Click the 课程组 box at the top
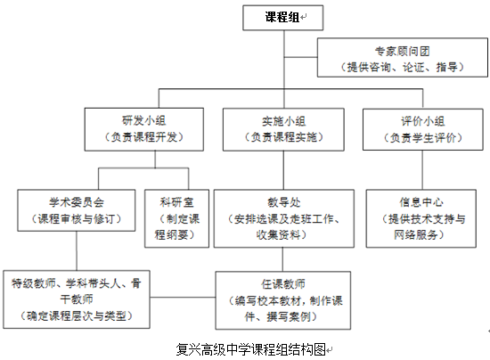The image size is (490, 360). click(282, 18)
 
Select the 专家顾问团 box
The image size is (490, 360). click(403, 58)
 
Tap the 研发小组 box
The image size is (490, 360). click(144, 129)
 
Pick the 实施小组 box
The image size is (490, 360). click(283, 129)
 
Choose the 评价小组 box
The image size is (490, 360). click(423, 129)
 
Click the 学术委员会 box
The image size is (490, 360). click(77, 210)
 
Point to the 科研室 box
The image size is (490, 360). click(176, 218)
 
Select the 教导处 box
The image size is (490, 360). click(283, 218)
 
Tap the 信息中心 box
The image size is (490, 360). click(421, 218)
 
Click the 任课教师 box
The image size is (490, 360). click(282, 300)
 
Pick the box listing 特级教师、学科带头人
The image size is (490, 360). click(77, 299)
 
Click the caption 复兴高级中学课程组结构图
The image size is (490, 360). click(251, 349)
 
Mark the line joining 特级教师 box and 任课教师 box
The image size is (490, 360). click(183, 298)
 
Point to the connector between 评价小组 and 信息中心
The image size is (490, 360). click(422, 170)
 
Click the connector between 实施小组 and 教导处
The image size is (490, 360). click(283, 170)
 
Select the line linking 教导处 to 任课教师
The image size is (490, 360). click(282, 259)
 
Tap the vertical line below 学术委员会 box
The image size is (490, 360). click(77, 251)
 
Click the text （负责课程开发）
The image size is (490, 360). click(144, 137)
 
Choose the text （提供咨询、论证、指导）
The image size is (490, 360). click(403, 67)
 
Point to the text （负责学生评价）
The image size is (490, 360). click(423, 137)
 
